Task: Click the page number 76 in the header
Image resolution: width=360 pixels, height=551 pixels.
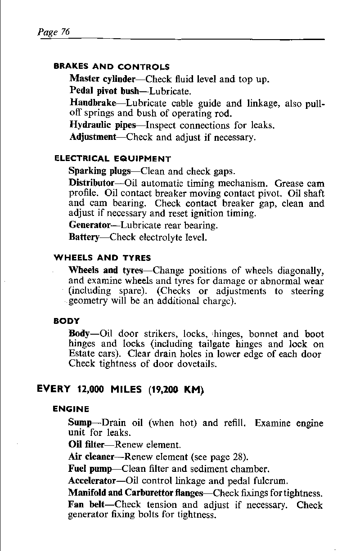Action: click(x=65, y=32)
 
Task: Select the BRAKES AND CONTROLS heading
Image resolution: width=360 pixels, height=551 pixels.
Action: click(x=112, y=67)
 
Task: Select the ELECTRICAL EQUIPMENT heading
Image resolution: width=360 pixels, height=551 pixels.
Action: click(x=112, y=158)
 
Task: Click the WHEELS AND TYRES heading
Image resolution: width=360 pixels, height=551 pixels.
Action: click(x=102, y=258)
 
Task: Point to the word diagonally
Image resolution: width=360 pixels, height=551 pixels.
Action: click(x=301, y=272)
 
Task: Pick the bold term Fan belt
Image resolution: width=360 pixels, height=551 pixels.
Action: click(x=86, y=505)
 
